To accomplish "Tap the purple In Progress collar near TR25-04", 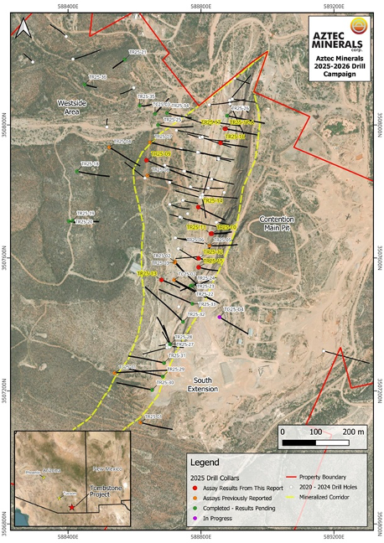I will coord(219,318).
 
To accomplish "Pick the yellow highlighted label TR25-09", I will coord(160,154).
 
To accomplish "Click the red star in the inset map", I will coord(71,507).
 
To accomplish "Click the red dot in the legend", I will coord(195,486).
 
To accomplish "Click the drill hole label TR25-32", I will coord(196,314).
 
